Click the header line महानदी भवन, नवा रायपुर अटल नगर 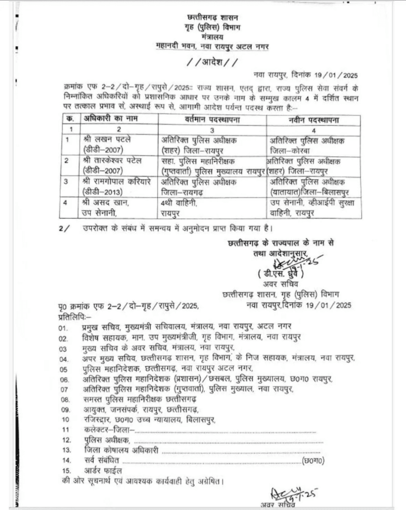tap(212, 46)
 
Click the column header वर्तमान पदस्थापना tap(212, 120)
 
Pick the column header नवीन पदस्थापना tap(314, 120)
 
